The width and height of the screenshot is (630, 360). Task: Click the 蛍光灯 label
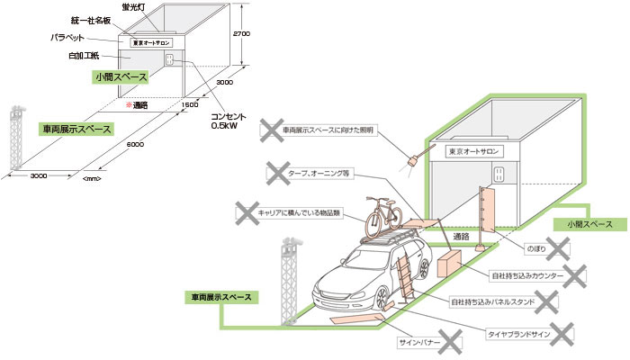click(143, 6)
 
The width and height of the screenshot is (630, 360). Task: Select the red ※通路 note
click(135, 105)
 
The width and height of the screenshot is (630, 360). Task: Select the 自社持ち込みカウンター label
click(526, 274)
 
